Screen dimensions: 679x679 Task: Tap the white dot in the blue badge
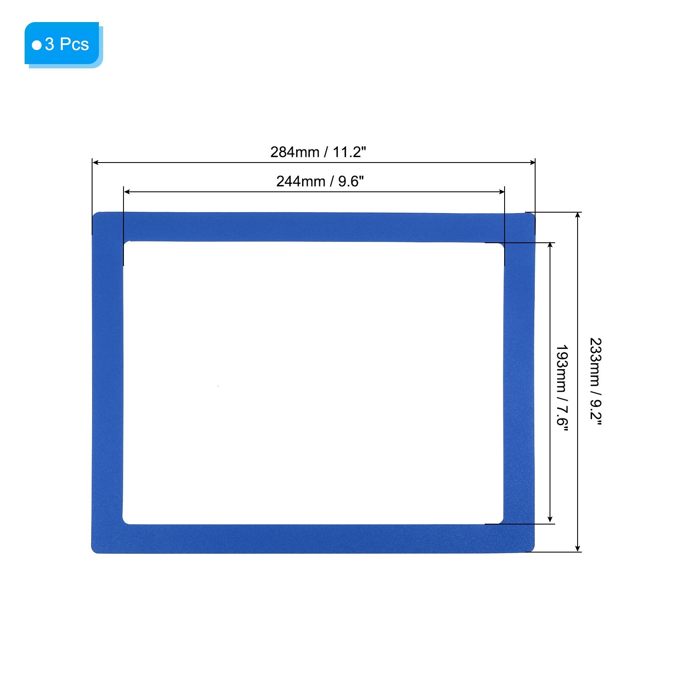(x=37, y=45)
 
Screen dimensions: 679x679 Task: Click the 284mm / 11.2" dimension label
(x=318, y=152)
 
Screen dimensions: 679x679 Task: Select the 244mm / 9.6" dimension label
(x=320, y=181)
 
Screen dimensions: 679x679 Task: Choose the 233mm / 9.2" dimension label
(x=595, y=381)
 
